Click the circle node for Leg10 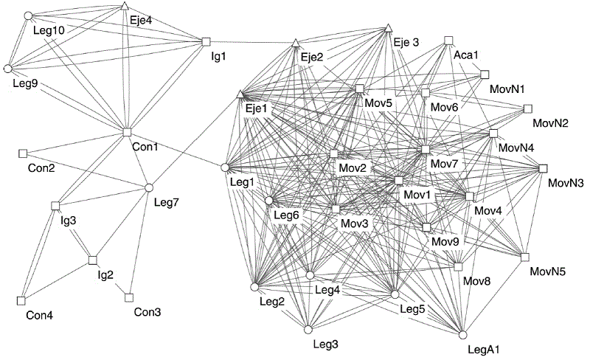[28, 15]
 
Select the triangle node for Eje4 [125, 7]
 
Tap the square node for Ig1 [206, 41]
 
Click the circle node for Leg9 [8, 69]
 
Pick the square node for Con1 [127, 132]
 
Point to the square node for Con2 [22, 153]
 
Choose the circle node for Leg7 [148, 187]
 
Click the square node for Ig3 [55, 205]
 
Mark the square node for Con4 [21, 300]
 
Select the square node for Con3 [128, 297]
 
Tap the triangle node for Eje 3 [387, 29]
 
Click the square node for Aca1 [448, 41]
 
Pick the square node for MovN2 [527, 108]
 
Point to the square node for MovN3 [543, 168]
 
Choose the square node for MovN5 [525, 257]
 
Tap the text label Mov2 [353, 168]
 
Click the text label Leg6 [286, 215]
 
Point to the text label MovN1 [507, 89]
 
